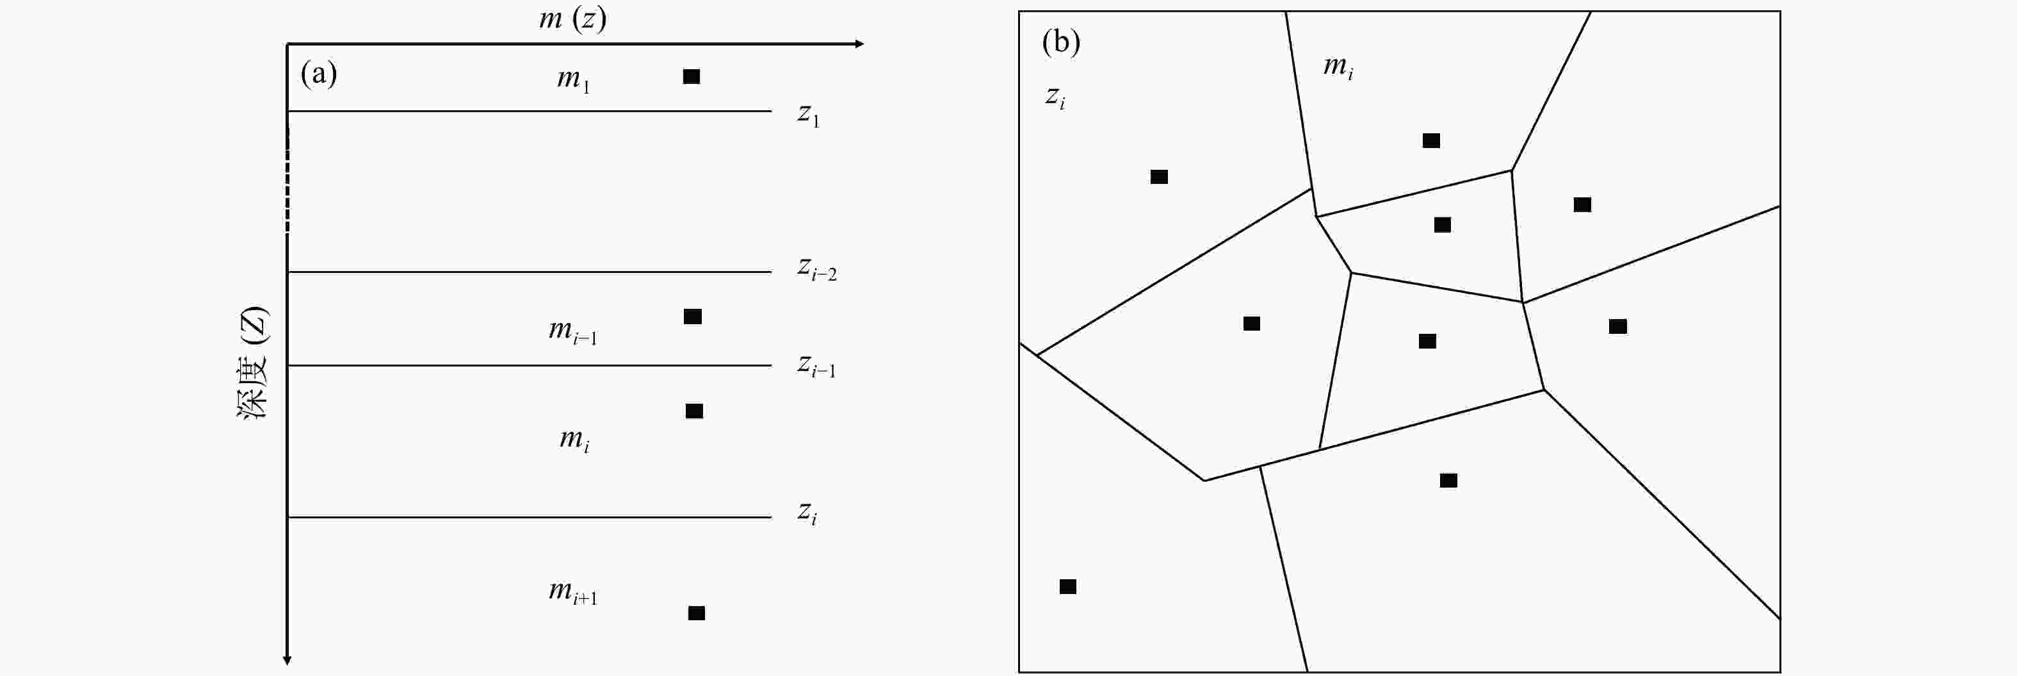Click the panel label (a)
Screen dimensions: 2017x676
(x=319, y=74)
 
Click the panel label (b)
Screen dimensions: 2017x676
(x=1061, y=41)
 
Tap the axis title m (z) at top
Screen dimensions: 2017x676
(x=572, y=17)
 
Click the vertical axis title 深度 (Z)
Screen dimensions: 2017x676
(x=253, y=363)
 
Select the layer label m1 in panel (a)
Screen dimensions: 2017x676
(x=573, y=80)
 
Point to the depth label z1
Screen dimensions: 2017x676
(x=808, y=115)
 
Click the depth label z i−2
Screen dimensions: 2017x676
(x=816, y=268)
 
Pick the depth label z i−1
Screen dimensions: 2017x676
(x=816, y=366)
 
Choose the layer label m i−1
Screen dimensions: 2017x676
(x=572, y=331)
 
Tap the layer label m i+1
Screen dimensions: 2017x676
(x=572, y=592)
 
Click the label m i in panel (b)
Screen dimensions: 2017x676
(x=1338, y=67)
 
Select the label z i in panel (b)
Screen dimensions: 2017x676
(x=1055, y=97)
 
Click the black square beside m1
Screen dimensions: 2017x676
(x=692, y=76)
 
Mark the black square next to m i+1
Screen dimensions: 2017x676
(x=696, y=613)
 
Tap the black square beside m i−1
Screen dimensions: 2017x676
(x=692, y=317)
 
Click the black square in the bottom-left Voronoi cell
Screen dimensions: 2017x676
(x=1067, y=587)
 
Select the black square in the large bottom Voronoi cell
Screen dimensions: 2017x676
(x=1448, y=480)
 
